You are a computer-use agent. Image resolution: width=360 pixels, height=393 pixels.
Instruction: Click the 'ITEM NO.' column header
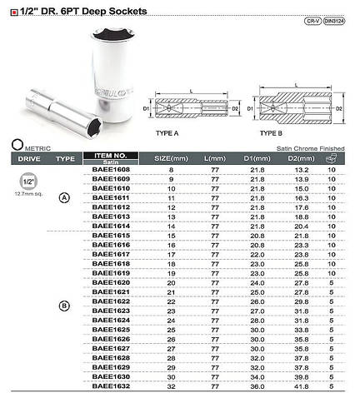tap(110, 154)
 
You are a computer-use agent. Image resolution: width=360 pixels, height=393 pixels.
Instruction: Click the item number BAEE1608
tap(109, 169)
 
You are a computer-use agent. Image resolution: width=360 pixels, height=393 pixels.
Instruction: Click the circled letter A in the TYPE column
tap(65, 197)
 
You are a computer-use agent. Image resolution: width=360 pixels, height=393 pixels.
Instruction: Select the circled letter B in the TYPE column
tap(65, 306)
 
